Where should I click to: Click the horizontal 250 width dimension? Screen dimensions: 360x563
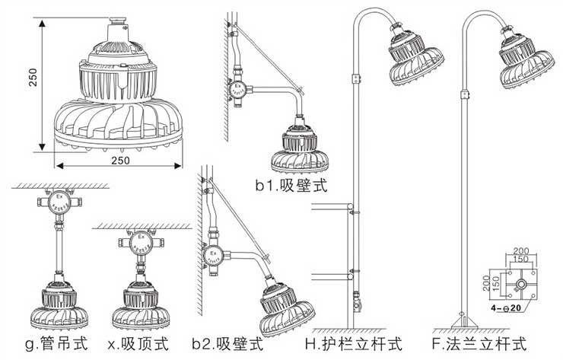[119, 162]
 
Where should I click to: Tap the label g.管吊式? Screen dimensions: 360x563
[54, 345]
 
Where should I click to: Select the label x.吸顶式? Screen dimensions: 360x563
[138, 345]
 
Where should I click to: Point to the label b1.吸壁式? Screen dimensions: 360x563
[291, 185]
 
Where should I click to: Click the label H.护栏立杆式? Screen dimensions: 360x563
[351, 345]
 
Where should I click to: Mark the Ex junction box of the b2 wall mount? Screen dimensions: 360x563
[215, 253]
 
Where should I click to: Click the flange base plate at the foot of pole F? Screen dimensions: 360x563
[464, 321]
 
